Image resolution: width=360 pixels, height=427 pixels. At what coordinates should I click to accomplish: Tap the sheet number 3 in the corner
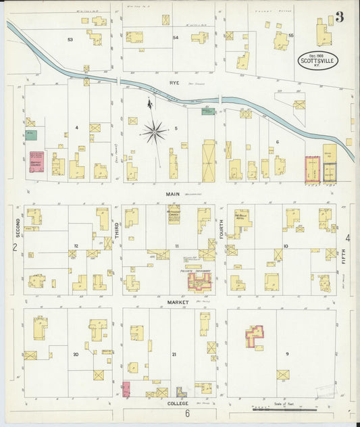point(339,17)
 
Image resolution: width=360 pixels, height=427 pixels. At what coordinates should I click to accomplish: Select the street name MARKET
point(172,301)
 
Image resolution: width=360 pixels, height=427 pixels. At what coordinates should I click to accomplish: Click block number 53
point(70,40)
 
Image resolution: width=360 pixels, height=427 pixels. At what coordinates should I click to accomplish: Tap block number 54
point(176,38)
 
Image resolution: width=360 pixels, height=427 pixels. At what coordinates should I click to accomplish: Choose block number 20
point(76,354)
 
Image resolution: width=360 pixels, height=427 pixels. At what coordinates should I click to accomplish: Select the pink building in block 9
point(255,336)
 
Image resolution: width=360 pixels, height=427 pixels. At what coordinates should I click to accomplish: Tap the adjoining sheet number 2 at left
point(14,247)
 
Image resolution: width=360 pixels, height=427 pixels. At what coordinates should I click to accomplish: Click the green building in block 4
point(32,135)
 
